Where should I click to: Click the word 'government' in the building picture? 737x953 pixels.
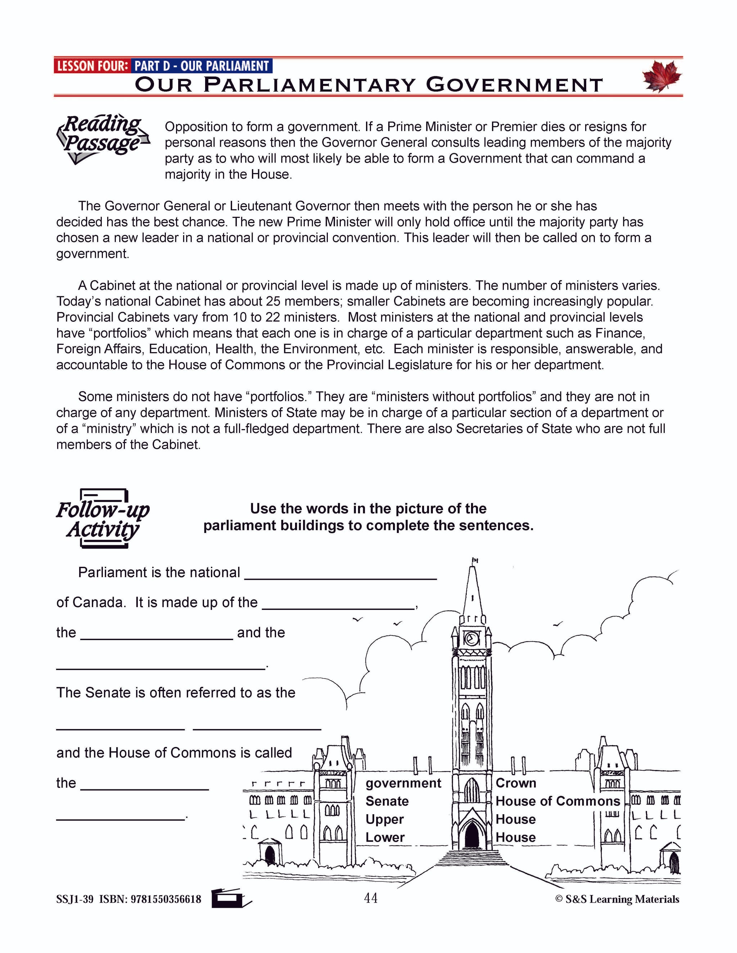click(x=403, y=783)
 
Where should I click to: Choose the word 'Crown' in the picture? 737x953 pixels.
click(x=516, y=783)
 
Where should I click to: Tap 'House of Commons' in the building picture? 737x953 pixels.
click(x=557, y=801)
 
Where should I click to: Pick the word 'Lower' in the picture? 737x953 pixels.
click(x=385, y=837)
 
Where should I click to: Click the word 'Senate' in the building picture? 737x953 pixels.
click(x=387, y=801)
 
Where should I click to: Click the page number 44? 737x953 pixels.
click(x=370, y=898)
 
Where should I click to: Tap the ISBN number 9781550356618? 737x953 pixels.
click(x=166, y=899)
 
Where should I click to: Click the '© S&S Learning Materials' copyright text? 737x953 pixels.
click(x=617, y=899)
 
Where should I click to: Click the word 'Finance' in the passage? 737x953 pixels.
click(x=620, y=333)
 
